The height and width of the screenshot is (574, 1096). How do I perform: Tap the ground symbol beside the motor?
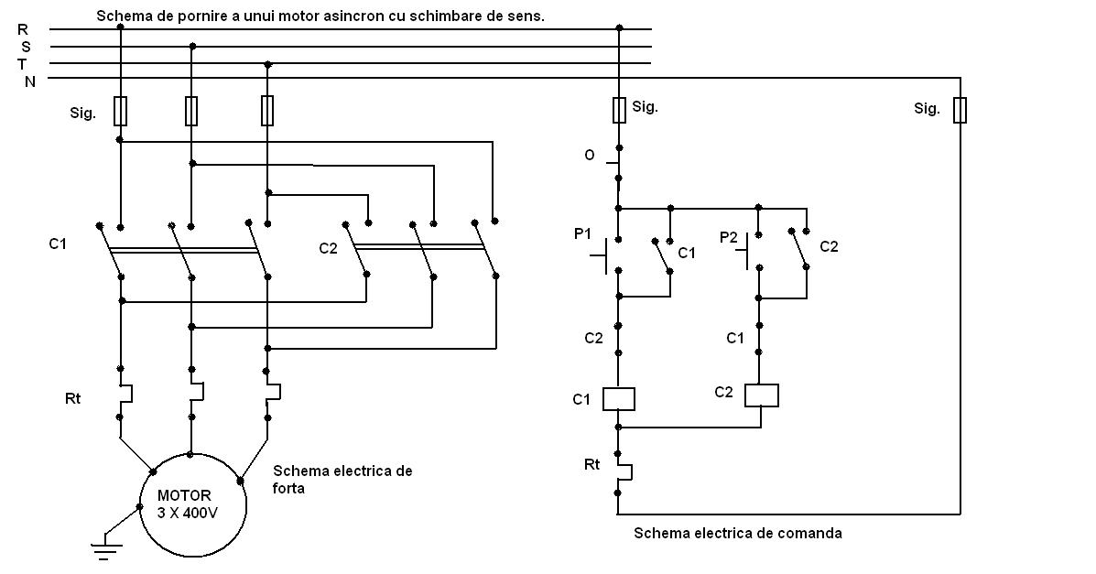[107, 549]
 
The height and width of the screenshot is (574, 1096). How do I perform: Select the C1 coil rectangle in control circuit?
[618, 399]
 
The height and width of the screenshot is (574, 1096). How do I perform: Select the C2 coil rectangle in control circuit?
[761, 395]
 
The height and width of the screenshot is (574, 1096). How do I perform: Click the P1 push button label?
[582, 234]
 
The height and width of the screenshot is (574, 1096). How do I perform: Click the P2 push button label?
[728, 237]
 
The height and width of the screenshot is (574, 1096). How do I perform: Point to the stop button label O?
[590, 156]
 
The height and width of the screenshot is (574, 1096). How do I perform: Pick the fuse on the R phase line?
[120, 111]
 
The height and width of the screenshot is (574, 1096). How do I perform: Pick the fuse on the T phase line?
[267, 111]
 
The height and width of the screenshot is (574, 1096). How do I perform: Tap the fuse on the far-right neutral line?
[960, 110]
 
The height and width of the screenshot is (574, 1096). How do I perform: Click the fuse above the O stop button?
[619, 110]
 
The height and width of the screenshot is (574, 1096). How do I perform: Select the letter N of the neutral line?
[29, 81]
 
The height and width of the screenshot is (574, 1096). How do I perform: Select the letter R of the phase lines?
[23, 29]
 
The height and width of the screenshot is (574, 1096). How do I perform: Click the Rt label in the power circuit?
[72, 398]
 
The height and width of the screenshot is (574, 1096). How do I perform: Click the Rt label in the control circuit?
[591, 464]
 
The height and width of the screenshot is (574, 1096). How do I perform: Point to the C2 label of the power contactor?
[329, 248]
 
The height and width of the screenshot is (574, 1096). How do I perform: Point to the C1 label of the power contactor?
[59, 244]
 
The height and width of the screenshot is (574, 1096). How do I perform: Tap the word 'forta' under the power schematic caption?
[288, 489]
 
